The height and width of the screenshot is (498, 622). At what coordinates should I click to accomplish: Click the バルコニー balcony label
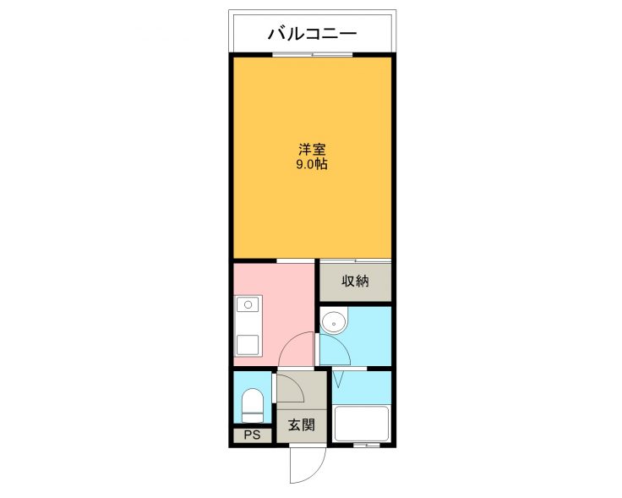[x=312, y=34]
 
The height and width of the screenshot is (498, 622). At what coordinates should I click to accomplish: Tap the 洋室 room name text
[x=312, y=150]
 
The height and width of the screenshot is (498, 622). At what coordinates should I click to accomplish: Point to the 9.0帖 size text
[x=312, y=164]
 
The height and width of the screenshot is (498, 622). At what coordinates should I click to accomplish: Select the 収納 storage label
[x=355, y=281]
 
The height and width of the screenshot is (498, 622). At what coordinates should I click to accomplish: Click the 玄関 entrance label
[x=302, y=425]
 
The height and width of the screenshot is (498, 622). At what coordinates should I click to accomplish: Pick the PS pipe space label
[x=252, y=435]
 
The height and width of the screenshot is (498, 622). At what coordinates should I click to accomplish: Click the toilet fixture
[x=253, y=406]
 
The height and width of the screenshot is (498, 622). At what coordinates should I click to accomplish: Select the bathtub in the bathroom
[x=361, y=424]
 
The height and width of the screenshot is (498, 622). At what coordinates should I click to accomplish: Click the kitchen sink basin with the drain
[x=248, y=304]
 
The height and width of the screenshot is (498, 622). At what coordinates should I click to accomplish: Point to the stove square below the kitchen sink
[x=248, y=345]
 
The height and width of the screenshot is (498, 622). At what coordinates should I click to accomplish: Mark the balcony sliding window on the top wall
[x=312, y=55]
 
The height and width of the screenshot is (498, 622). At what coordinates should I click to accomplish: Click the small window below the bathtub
[x=367, y=446]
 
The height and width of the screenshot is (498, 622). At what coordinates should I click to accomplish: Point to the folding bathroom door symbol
[x=337, y=379]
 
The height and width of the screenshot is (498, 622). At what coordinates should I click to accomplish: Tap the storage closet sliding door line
[x=356, y=261]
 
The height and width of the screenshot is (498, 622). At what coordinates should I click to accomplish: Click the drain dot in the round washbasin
[x=334, y=323]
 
